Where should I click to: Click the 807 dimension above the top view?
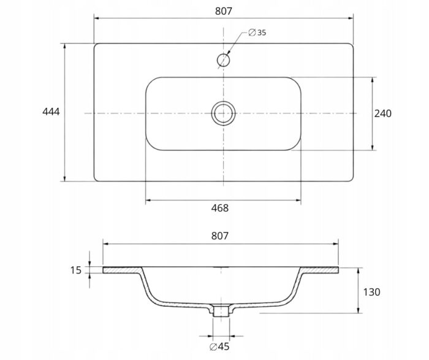point(224,11)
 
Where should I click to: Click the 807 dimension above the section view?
point(219,236)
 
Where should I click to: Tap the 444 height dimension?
point(51,112)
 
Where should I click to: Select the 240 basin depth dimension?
point(383,113)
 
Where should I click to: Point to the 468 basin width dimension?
point(219,208)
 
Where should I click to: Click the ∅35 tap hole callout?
point(257,33)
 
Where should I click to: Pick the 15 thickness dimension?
point(76,270)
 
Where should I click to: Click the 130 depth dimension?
point(371,292)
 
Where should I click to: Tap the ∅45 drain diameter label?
point(219,347)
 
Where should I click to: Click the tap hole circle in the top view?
point(223,54)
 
